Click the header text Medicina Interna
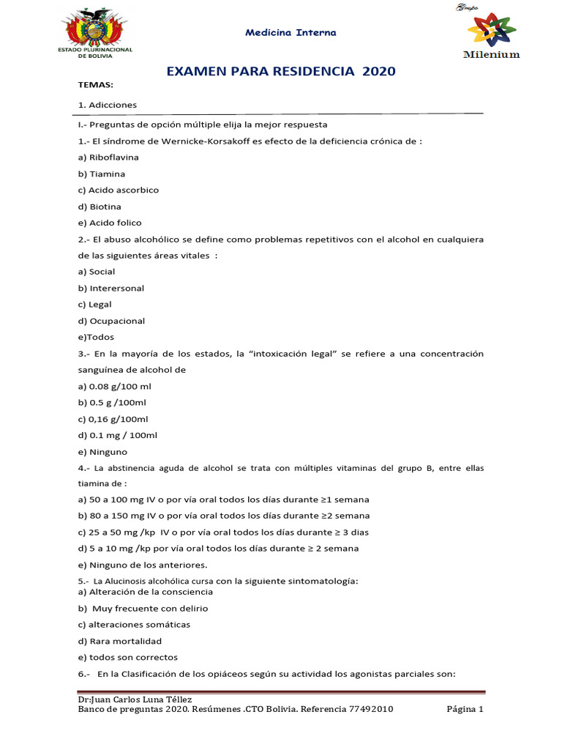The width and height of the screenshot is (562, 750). click(291, 33)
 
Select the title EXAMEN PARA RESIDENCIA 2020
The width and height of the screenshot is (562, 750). click(282, 71)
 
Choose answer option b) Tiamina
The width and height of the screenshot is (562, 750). click(102, 174)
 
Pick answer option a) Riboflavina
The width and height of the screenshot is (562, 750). click(108, 157)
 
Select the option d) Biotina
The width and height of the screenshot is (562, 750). click(100, 207)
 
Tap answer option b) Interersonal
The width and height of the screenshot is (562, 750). click(110, 288)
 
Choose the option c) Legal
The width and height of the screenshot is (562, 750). click(94, 304)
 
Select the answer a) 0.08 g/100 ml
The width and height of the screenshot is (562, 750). click(114, 386)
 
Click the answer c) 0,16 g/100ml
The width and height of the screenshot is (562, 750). click(113, 419)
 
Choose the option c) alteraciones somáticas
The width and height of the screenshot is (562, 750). click(134, 625)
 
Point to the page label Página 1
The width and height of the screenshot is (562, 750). click(465, 709)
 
